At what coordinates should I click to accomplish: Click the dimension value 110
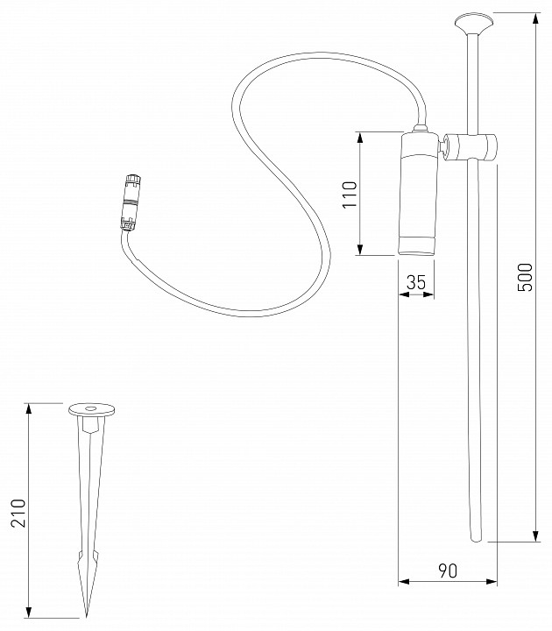coord(350,194)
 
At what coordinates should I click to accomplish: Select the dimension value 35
coord(416,281)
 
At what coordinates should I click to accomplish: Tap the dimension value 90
coord(447,570)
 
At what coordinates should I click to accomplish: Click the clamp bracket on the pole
coord(473,147)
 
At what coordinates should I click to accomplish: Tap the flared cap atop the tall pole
coord(474,20)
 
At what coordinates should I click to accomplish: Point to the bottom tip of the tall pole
coord(475,535)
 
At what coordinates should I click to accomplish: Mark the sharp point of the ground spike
coord(87,613)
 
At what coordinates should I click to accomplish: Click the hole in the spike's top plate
coord(90,408)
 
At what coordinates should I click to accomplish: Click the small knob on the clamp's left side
coord(442,146)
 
